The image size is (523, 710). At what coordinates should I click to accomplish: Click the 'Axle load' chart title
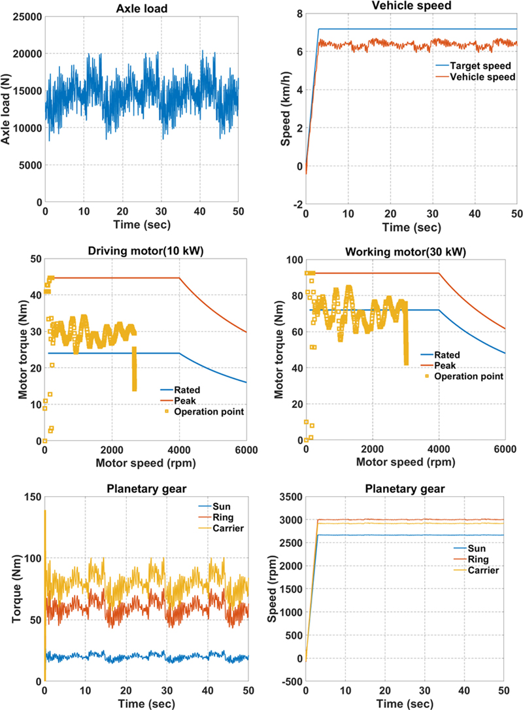pyautogui.click(x=142, y=6)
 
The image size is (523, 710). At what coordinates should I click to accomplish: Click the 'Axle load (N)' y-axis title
pyautogui.click(x=8, y=109)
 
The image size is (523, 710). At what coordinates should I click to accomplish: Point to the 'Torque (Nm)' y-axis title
pyautogui.click(x=9, y=588)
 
